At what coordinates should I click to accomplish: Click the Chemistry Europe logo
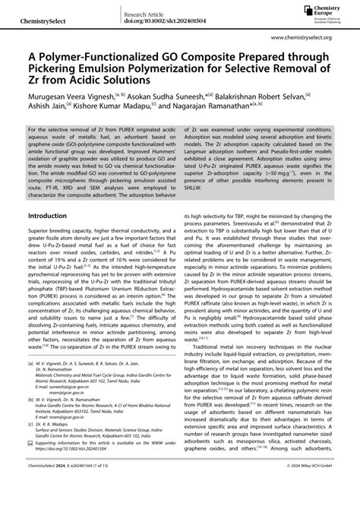[x=324, y=11]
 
